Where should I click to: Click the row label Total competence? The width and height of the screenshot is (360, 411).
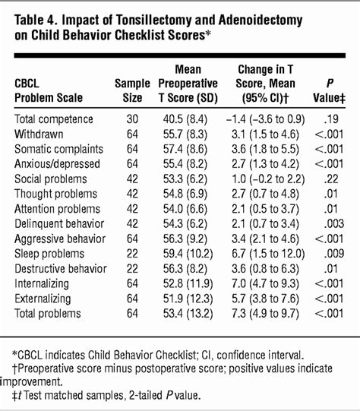click(x=54, y=119)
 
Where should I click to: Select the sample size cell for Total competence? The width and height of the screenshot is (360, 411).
click(x=132, y=119)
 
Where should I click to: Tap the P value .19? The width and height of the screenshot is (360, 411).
click(x=331, y=119)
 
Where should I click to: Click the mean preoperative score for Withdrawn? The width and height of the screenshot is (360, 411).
click(x=185, y=134)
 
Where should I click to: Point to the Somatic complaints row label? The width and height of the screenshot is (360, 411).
click(x=59, y=149)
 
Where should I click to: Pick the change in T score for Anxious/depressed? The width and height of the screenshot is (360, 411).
click(x=265, y=164)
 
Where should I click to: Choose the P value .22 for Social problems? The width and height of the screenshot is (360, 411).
click(x=331, y=179)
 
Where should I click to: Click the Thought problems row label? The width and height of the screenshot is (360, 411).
click(x=55, y=194)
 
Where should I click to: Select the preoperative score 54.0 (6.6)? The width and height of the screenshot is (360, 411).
click(x=185, y=209)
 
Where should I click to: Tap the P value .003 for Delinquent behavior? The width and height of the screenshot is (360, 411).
click(x=334, y=224)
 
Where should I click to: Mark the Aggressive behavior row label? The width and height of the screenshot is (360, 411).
click(x=60, y=239)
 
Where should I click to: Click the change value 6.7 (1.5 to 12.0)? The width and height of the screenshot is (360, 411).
click(x=268, y=254)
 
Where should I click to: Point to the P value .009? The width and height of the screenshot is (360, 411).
click(x=334, y=254)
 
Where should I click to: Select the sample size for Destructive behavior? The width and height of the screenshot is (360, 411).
click(x=132, y=269)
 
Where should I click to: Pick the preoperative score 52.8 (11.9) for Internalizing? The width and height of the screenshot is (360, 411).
click(x=188, y=283)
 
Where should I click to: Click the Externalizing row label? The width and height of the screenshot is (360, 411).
click(x=43, y=299)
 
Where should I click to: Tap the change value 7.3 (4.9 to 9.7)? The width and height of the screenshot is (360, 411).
click(x=265, y=314)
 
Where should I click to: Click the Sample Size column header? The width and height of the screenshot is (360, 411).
click(x=132, y=90)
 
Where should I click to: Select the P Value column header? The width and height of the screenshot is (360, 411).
click(x=330, y=90)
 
